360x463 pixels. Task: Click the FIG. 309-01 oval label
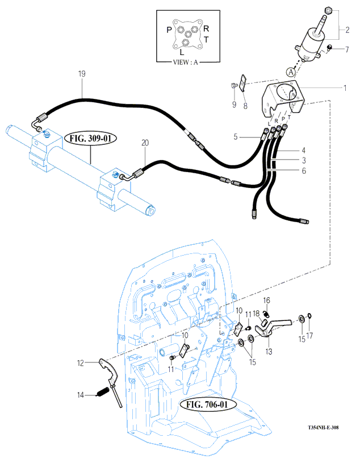(x=91, y=138)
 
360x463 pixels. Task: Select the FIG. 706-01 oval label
(x=207, y=404)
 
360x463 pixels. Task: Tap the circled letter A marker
(x=291, y=72)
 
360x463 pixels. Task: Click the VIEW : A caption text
(x=185, y=62)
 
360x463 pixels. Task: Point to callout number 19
(x=82, y=73)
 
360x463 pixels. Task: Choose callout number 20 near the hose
(x=145, y=143)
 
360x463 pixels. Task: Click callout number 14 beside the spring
(x=81, y=395)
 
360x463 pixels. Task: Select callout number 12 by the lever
(x=81, y=363)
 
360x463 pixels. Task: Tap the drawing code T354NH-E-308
(x=323, y=427)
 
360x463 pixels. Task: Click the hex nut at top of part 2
(x=328, y=11)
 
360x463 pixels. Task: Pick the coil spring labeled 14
(x=103, y=392)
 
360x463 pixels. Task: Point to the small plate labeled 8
(x=244, y=84)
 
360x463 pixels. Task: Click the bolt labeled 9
(x=234, y=86)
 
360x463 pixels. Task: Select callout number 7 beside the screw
(x=347, y=49)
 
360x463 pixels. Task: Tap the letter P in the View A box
(x=169, y=30)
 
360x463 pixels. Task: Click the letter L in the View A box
(x=182, y=53)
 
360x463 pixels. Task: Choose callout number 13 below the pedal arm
(x=269, y=352)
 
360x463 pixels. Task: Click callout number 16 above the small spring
(x=266, y=301)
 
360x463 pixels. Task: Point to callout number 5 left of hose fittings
(x=236, y=137)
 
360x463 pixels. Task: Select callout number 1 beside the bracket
(x=345, y=87)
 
